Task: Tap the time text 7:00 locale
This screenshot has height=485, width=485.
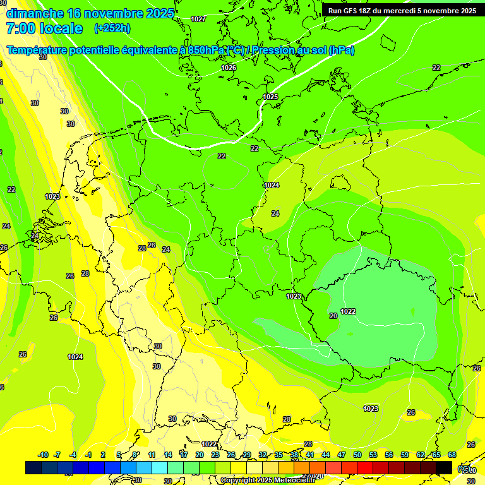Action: (x=44, y=28)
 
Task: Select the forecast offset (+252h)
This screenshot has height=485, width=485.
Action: (x=112, y=28)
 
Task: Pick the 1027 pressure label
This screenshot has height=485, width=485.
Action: (x=198, y=19)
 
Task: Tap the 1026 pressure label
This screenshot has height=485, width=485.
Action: (x=229, y=68)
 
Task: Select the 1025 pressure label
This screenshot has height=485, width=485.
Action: (x=270, y=97)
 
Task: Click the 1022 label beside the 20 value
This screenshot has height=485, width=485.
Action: (x=348, y=311)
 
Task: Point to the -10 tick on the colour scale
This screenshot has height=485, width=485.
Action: (x=43, y=455)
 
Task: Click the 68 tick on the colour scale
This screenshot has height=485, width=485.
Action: (x=452, y=455)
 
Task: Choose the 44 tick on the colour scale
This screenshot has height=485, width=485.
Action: (x=326, y=455)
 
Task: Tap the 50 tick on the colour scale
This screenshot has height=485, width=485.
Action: (x=357, y=455)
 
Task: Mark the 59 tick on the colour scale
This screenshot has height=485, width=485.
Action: (x=405, y=455)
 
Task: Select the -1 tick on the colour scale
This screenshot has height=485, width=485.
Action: (x=88, y=455)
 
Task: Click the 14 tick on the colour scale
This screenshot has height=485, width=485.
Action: (x=168, y=455)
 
